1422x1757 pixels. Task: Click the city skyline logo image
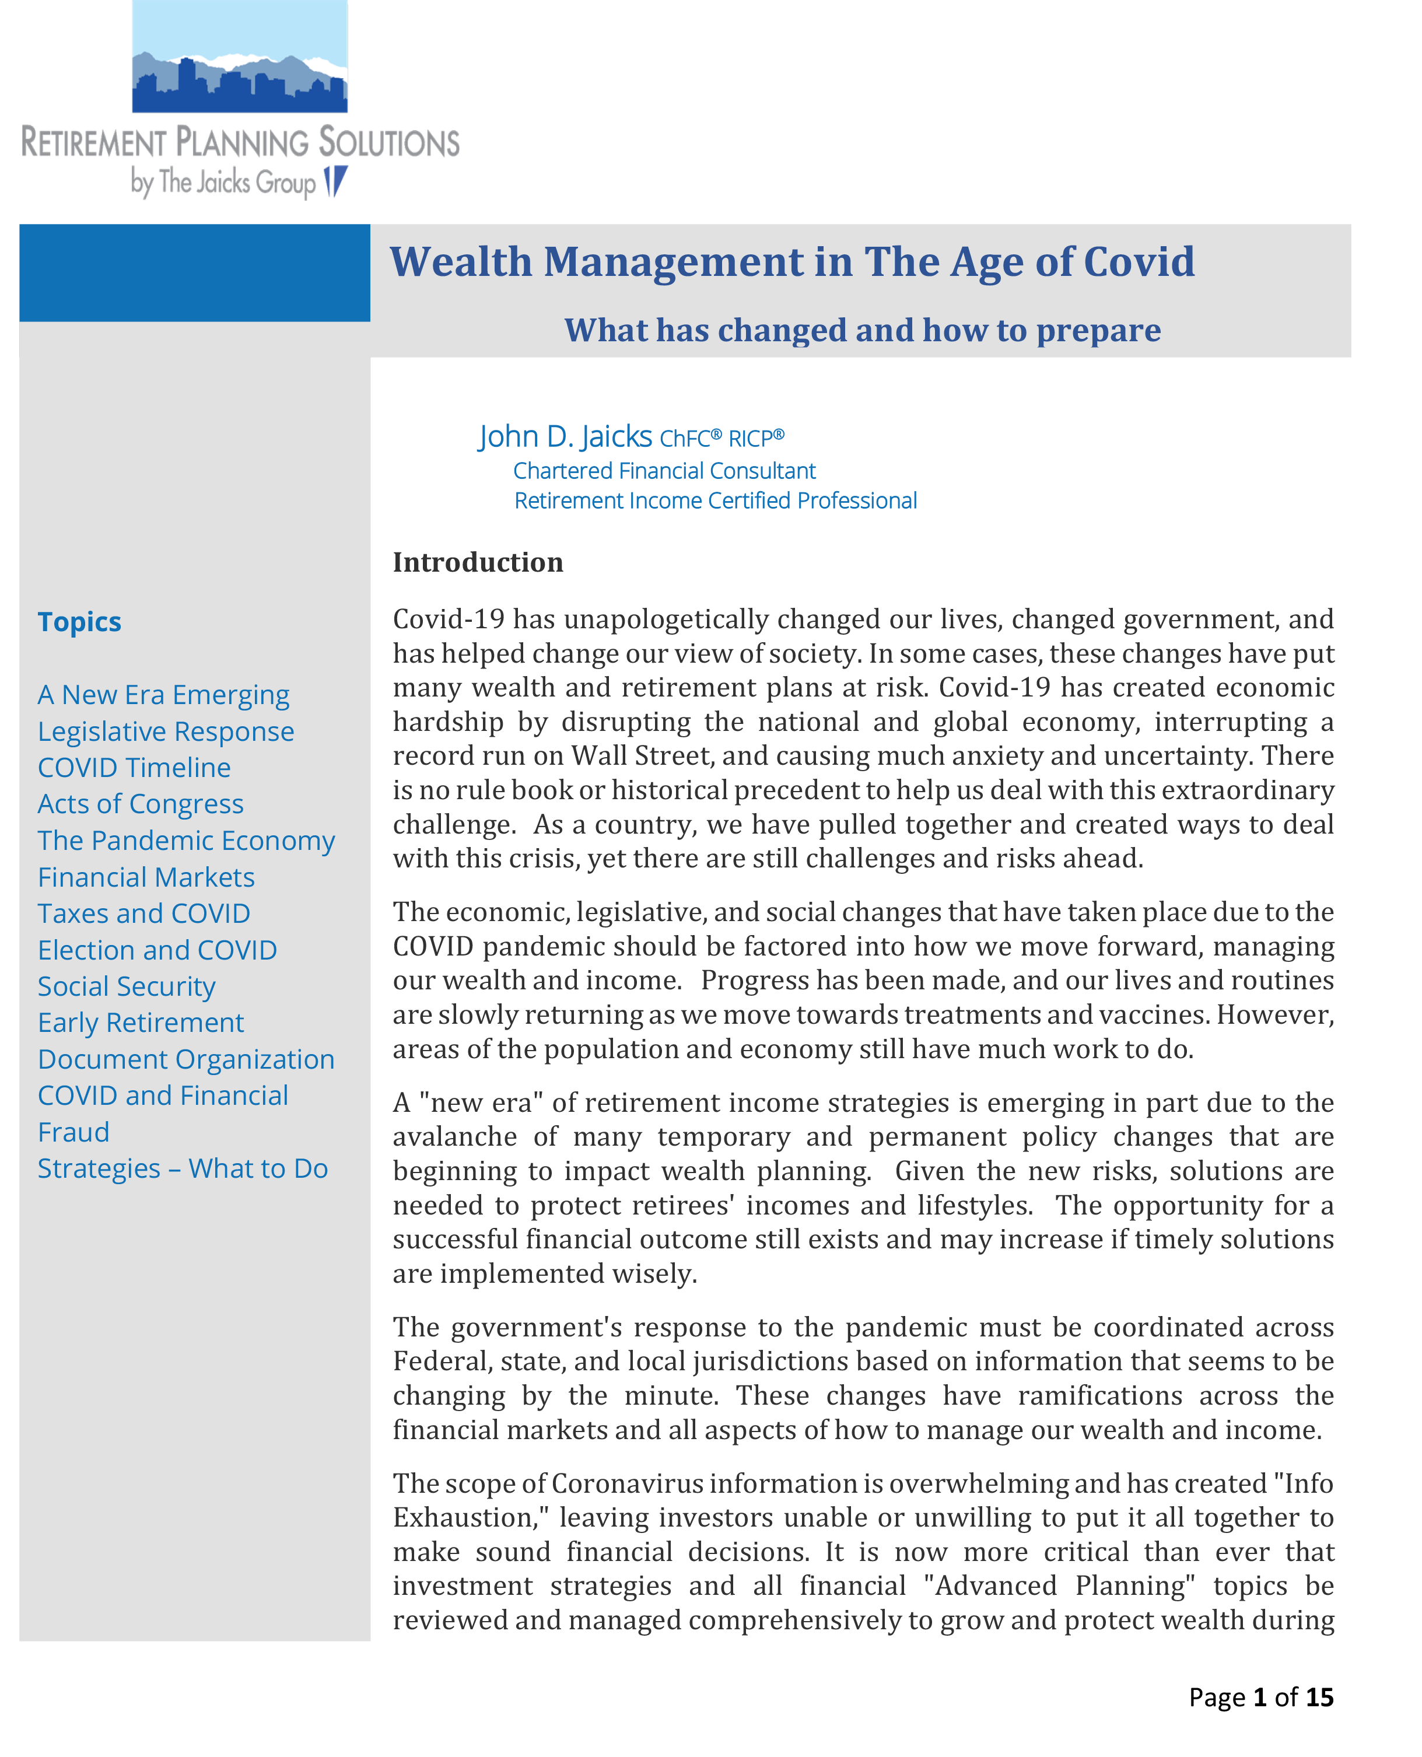[x=239, y=57]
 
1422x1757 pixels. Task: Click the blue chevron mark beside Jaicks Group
[x=336, y=181]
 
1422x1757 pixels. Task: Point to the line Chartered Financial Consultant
[x=664, y=471]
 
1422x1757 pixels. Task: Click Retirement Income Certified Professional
[x=715, y=501]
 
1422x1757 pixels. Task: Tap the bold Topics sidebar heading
[x=79, y=622]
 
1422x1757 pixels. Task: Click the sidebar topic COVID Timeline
[x=134, y=768]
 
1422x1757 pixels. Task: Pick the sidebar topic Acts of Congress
[x=141, y=804]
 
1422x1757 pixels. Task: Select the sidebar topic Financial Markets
[x=146, y=877]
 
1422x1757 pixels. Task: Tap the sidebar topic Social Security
[x=127, y=986]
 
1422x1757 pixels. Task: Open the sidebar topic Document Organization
[x=186, y=1059]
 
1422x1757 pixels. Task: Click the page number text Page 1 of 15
[x=1260, y=1696]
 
